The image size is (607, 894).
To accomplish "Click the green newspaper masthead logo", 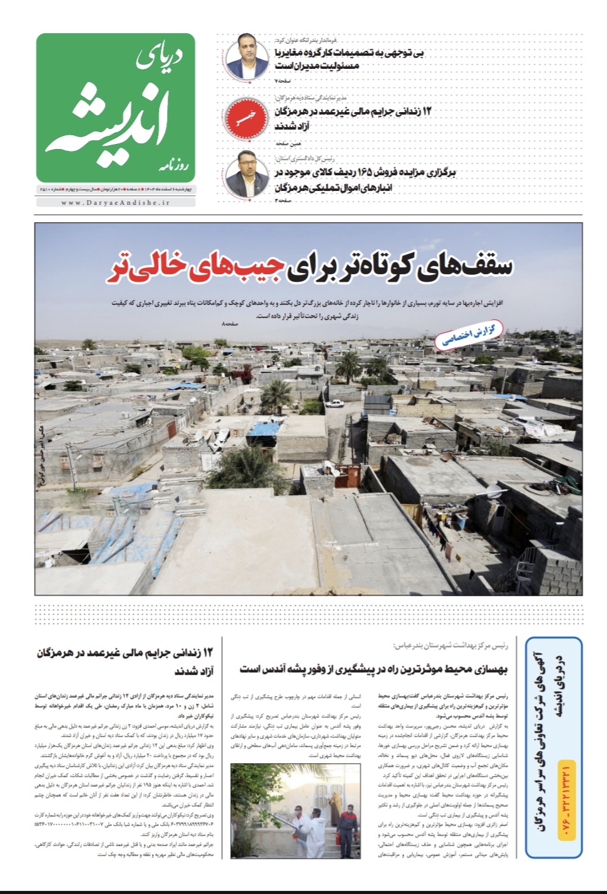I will point(116,108).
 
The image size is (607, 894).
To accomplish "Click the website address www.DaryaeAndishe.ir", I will point(116,202).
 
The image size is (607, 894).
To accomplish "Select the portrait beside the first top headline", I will point(242,57).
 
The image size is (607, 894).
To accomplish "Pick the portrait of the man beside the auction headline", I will point(242,175).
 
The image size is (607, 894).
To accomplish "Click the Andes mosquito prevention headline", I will point(374,669).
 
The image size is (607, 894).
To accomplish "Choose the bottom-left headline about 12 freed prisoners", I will point(125,661).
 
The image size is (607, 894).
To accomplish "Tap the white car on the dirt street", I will point(335,404).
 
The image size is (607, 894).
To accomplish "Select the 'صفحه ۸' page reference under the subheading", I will point(230,324).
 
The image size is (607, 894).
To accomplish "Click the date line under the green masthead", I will point(116,189).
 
